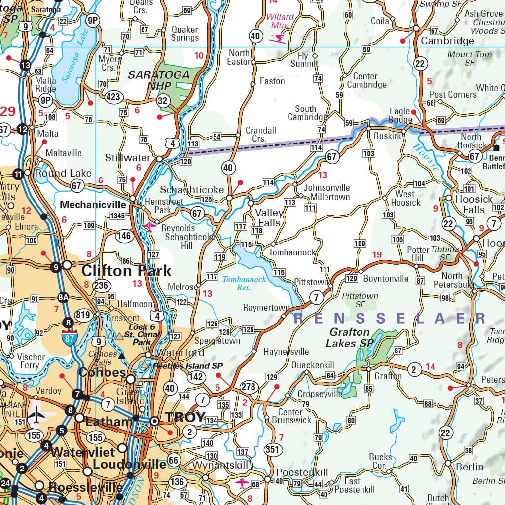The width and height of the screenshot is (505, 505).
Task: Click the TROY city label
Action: coord(185,417)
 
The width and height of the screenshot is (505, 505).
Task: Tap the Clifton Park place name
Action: coord(126,271)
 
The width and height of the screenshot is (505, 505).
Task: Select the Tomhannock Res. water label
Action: coord(244,283)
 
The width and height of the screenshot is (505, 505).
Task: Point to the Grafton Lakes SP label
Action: coord(350,337)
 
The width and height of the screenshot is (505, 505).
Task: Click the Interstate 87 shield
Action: coord(69,337)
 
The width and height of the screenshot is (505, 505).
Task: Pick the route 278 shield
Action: coord(248,387)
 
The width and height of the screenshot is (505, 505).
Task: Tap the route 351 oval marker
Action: coord(273,449)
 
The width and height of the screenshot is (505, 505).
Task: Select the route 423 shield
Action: coord(113,97)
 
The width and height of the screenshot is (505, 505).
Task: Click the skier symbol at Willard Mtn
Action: coord(280,37)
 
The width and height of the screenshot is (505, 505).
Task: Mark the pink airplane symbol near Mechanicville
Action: coord(149,226)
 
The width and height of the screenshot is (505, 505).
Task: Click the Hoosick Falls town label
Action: coord(473,204)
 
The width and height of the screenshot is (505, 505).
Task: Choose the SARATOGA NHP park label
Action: coord(159,80)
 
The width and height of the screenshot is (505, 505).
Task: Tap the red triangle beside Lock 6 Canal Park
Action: coord(119,336)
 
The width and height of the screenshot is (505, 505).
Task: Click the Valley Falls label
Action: coord(269,217)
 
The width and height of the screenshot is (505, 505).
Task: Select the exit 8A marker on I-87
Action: coord(63,297)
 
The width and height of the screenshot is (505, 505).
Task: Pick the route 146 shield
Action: coord(124,236)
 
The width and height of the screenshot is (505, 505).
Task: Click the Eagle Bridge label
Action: coord(400,115)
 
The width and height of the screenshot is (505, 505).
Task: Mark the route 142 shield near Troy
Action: coord(196,377)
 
